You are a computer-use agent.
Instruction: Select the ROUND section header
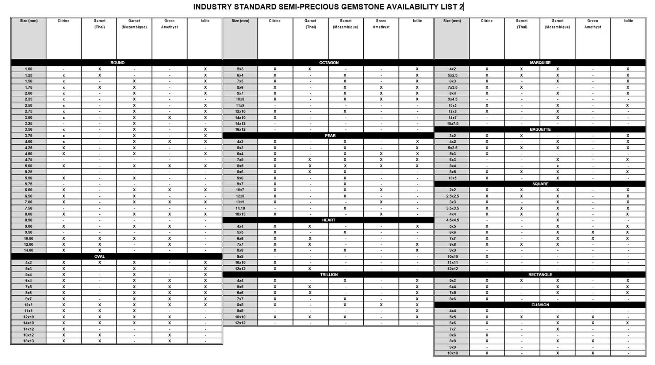click(x=117, y=63)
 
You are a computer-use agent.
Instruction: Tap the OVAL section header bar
click(x=100, y=257)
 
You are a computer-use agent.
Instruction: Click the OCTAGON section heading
click(x=329, y=63)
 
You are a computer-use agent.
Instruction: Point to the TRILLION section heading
click(x=329, y=274)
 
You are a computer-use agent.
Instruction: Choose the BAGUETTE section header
click(x=540, y=130)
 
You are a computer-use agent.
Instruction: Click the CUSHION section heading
click(x=540, y=305)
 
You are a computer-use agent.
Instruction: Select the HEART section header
click(x=329, y=220)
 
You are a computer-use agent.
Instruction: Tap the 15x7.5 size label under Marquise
click(x=452, y=123)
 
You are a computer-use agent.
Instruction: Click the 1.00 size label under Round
click(x=28, y=69)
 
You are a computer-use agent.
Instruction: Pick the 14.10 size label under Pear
click(x=240, y=208)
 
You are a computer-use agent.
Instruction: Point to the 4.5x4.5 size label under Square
click(x=452, y=220)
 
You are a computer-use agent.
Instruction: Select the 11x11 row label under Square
click(x=452, y=262)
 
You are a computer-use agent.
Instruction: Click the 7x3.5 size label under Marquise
click(x=452, y=87)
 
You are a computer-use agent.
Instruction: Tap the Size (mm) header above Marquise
click(x=452, y=21)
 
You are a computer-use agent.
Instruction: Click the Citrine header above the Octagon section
click(x=275, y=21)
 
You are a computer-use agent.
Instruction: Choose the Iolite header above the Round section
click(x=205, y=21)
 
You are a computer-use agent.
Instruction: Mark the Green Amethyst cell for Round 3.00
click(x=169, y=118)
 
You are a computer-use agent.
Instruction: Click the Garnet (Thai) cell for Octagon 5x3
click(x=310, y=69)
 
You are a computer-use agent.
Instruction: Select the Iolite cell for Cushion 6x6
click(x=628, y=323)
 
